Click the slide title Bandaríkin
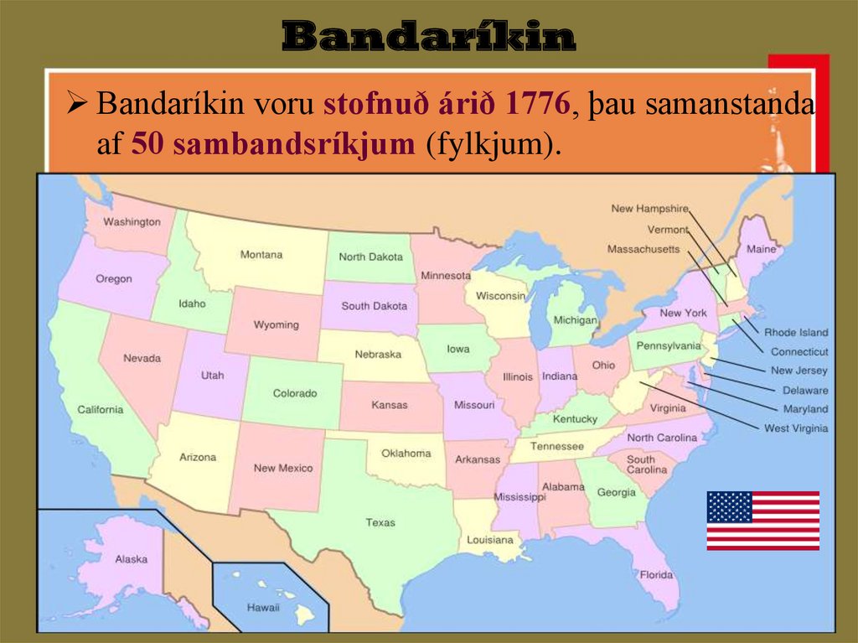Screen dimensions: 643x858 point(429,37)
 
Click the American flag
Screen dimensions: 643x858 point(762,521)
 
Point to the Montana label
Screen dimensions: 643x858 point(261,255)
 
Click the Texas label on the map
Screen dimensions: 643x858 point(380,522)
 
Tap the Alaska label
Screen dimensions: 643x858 point(132,559)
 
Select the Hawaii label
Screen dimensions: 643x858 point(262,607)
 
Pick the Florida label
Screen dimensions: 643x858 point(656,575)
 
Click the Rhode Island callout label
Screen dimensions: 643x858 point(796,333)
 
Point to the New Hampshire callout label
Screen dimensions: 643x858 point(649,209)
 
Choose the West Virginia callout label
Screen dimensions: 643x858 point(795,428)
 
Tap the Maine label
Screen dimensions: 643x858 point(761,249)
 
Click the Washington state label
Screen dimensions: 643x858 point(132,222)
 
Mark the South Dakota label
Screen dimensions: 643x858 point(374,306)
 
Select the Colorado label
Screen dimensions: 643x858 point(295,393)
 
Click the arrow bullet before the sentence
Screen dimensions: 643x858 point(77,106)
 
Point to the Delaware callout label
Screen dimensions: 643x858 point(804,390)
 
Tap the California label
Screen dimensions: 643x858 point(101,410)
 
